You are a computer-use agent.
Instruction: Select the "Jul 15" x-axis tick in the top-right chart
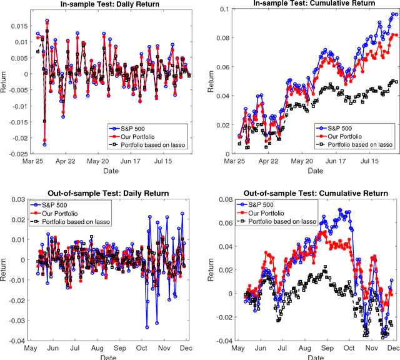[371, 161]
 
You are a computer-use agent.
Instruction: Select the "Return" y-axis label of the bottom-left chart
[5, 270]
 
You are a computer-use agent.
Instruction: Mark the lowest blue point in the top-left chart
[44, 144]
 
